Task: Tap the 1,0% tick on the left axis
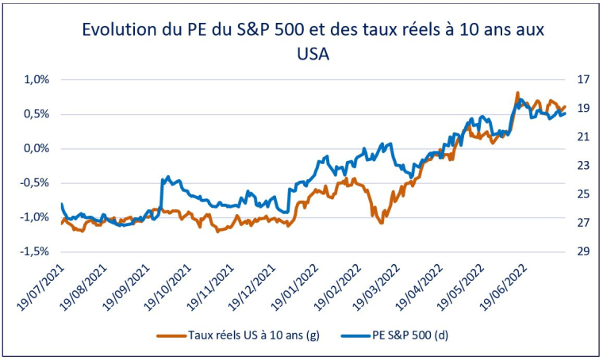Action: (36, 80)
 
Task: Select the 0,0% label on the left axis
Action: (36, 149)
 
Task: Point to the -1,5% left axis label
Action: (35, 251)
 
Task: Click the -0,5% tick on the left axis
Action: (35, 183)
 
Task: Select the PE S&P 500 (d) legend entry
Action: (410, 335)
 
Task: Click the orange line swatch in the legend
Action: (174, 336)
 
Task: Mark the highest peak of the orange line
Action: (517, 93)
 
